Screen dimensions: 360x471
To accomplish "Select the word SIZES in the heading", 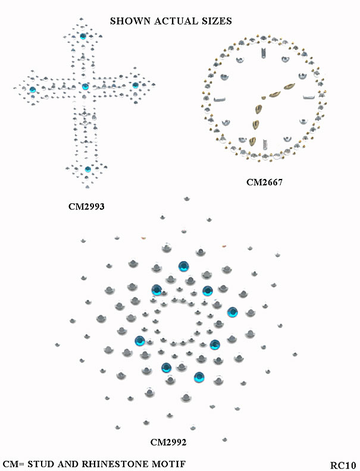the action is coord(217,21).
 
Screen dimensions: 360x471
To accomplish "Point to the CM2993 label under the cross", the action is coord(86,206).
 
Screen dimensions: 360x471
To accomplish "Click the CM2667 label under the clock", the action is coord(264,182).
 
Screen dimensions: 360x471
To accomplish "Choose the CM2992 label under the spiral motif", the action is coord(168,442).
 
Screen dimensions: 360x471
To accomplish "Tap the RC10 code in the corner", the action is coord(343,465).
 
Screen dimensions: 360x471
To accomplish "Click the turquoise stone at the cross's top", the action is coord(83,36).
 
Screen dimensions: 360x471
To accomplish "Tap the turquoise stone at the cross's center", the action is coord(85,87).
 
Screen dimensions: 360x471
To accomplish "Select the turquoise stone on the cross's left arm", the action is coord(33,89).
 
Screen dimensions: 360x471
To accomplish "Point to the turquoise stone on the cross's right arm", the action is coord(136,85).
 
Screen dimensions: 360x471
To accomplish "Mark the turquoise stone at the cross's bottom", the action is coord(87,169).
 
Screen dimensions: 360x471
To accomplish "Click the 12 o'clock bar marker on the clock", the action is coord(264,52).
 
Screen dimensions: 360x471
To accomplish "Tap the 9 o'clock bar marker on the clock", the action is coord(220,99).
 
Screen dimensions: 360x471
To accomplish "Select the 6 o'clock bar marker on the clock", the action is coord(265,144).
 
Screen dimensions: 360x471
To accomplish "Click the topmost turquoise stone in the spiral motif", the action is coord(183,266).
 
